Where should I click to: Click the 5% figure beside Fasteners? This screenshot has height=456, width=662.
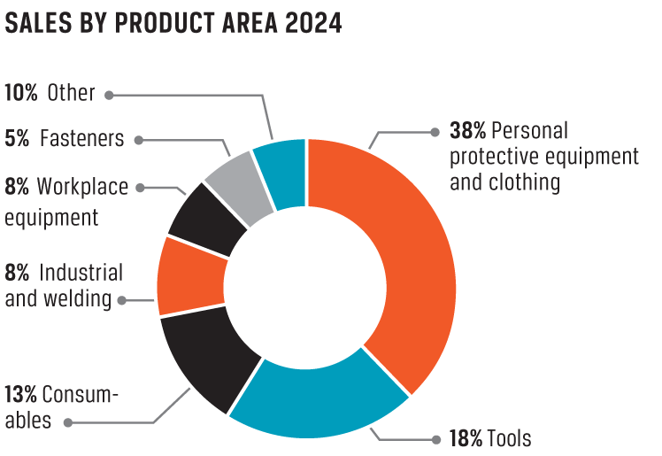point(18,139)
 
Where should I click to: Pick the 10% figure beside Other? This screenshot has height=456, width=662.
point(21,92)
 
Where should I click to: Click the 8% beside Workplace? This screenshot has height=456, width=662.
point(18,186)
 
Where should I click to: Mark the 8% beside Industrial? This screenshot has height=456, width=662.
point(18,272)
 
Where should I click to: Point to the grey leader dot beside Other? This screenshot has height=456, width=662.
point(111,93)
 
